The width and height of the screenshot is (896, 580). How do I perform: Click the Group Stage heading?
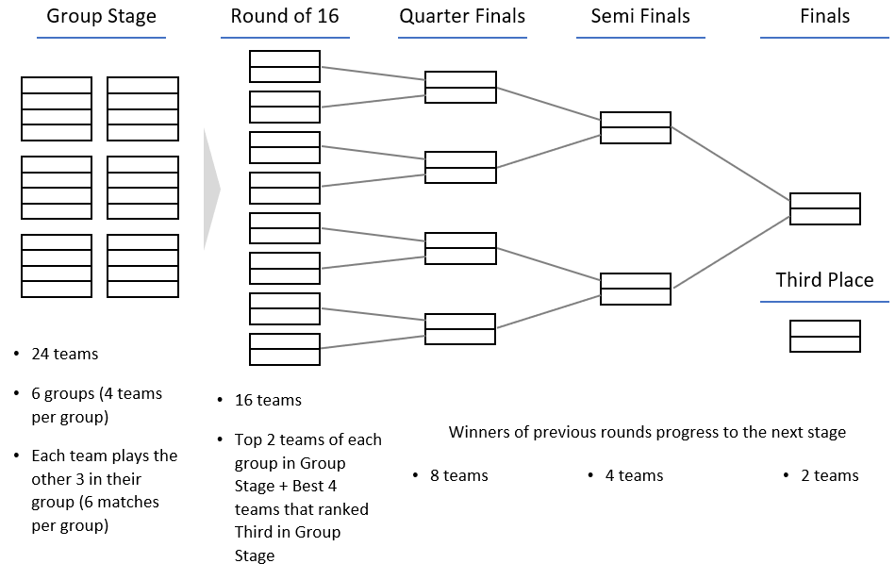pyautogui.click(x=101, y=16)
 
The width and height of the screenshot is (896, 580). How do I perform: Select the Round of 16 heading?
pyautogui.click(x=285, y=16)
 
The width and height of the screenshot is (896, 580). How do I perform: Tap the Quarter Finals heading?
pyautogui.click(x=462, y=16)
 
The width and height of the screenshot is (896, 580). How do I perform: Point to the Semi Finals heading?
pyautogui.click(x=640, y=16)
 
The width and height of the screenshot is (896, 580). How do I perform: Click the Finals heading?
pyautogui.click(x=824, y=16)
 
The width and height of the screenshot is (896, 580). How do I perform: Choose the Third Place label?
pyautogui.click(x=824, y=280)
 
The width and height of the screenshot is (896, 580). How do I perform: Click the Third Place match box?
pyautogui.click(x=824, y=337)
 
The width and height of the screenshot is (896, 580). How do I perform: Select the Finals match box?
pyautogui.click(x=824, y=208)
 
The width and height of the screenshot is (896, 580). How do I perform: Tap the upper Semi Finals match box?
pyautogui.click(x=636, y=127)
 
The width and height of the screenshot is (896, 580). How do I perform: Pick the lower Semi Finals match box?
pyautogui.click(x=636, y=289)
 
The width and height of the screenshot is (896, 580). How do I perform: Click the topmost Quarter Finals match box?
pyautogui.click(x=460, y=87)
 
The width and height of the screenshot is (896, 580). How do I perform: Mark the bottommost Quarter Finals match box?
pyautogui.click(x=460, y=329)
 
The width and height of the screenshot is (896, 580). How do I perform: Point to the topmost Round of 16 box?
pyautogui.click(x=285, y=67)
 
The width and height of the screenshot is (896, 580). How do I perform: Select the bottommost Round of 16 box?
pyautogui.click(x=285, y=349)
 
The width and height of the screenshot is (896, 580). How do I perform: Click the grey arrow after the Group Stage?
pyautogui.click(x=211, y=190)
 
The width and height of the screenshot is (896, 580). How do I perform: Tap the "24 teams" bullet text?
pyautogui.click(x=64, y=355)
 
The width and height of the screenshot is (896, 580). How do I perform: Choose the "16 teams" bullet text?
pyautogui.click(x=268, y=400)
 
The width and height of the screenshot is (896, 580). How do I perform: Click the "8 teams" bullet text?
pyautogui.click(x=458, y=475)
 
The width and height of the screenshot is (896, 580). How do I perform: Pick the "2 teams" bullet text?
pyautogui.click(x=829, y=475)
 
